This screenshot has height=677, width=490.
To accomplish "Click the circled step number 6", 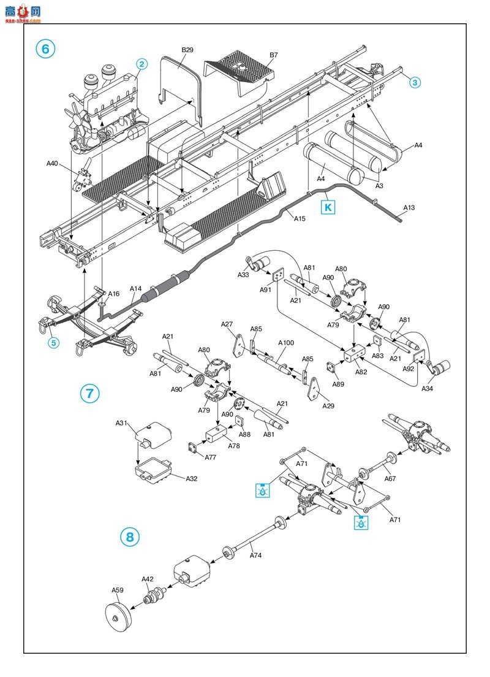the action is [x=45, y=49].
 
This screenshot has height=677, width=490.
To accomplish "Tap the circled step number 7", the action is [x=89, y=393].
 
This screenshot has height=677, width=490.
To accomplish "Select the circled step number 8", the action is [x=130, y=537].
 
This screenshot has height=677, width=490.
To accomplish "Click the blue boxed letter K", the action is [x=328, y=207].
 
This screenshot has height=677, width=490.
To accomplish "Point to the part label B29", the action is [x=187, y=50].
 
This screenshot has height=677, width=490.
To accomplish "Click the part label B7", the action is [x=273, y=55].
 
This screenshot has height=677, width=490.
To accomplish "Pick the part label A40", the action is [x=52, y=163].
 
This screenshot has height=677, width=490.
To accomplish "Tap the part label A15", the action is [x=300, y=218].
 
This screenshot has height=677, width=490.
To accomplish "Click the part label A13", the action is [x=409, y=208].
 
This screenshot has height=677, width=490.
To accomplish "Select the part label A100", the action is [x=286, y=343].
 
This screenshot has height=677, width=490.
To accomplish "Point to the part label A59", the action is [x=118, y=590].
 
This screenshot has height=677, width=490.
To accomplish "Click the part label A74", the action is [x=256, y=555].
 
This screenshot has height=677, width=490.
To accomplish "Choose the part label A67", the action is [x=390, y=478].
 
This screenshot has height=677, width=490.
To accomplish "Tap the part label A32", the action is [x=192, y=478].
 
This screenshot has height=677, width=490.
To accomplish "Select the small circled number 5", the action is [x=53, y=343].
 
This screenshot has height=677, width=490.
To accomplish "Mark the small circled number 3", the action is [x=415, y=82].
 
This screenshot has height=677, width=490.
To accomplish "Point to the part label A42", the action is [x=148, y=579].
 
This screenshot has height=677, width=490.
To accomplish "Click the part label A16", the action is [x=113, y=294].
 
